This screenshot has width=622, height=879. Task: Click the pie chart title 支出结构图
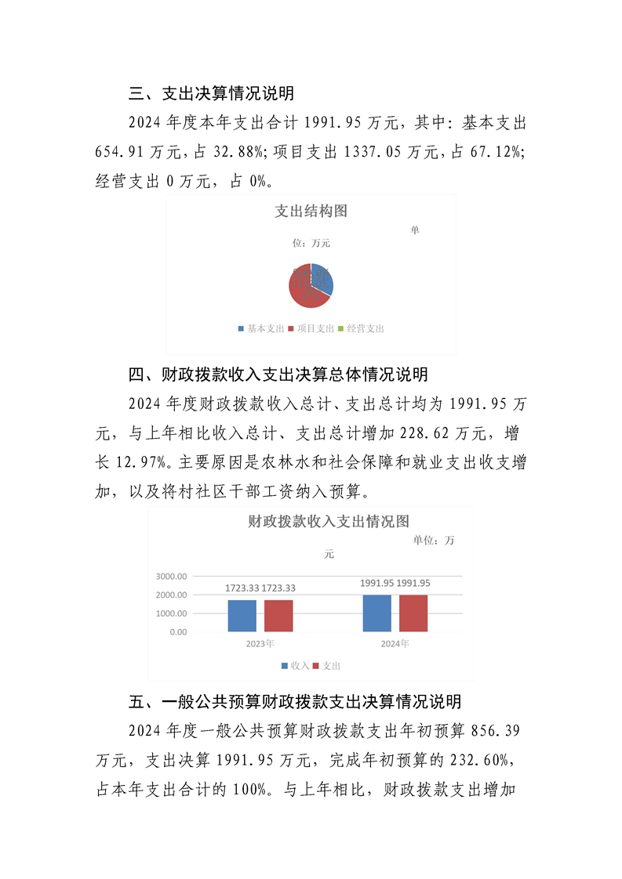tap(311, 211)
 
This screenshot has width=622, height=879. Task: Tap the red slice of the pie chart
tap(302, 290)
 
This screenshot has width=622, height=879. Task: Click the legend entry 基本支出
tap(261, 329)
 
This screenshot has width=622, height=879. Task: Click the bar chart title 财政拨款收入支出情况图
tap(329, 521)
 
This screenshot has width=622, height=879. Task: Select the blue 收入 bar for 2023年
tap(242, 616)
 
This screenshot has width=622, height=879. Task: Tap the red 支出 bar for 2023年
tap(278, 616)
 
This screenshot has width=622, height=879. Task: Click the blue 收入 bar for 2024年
tap(376, 613)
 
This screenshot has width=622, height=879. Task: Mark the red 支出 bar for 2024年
tap(413, 613)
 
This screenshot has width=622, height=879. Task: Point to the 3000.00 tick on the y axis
tap(171, 576)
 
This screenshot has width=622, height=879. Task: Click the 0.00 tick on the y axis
tap(177, 631)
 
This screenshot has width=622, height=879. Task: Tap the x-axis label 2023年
tap(260, 644)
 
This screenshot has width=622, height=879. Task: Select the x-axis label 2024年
tap(395, 644)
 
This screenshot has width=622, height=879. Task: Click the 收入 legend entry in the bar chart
tap(295, 665)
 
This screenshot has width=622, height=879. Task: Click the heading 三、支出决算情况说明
tap(212, 94)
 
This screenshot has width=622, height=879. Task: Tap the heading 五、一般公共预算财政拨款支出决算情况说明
tap(295, 700)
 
